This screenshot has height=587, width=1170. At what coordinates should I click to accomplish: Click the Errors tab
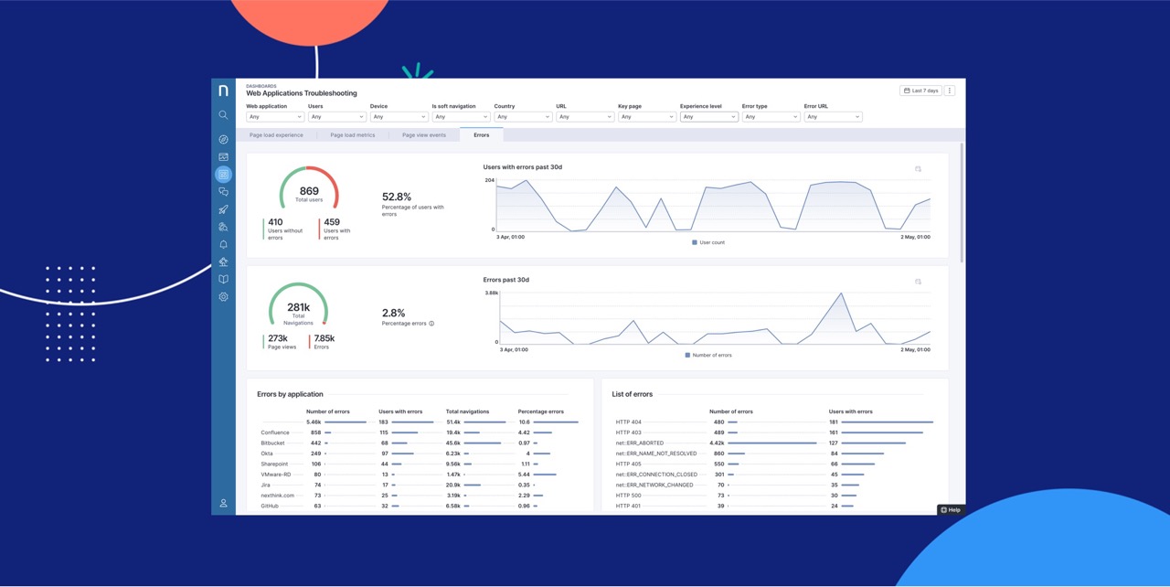481,135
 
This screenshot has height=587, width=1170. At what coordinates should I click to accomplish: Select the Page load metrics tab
352,135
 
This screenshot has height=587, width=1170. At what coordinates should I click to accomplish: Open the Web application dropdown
274,117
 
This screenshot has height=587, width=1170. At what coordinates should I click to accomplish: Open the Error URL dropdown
832,117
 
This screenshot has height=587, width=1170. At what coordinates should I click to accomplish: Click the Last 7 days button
920,91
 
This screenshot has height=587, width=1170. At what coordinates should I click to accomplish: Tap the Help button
951,509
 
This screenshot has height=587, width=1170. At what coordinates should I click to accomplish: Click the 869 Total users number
309,192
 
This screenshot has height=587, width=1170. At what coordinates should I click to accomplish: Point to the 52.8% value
397,197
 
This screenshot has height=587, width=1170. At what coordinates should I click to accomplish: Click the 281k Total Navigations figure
298,308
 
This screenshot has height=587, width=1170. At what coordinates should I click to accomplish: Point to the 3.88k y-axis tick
492,293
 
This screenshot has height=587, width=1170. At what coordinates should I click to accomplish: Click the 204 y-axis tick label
490,180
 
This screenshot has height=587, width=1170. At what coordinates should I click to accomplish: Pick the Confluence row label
275,432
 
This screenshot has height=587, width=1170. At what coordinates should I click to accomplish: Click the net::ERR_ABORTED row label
640,443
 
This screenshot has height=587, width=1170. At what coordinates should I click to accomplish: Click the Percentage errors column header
540,411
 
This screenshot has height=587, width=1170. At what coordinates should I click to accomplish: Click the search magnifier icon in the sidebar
223,115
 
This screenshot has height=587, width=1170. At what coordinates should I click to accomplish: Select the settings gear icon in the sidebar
223,297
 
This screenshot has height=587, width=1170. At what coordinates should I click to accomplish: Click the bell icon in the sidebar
223,245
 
